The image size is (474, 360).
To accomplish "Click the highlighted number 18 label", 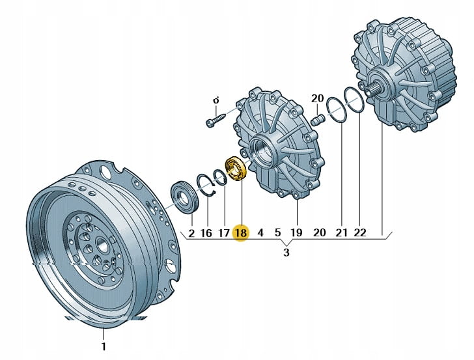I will coord(241,232).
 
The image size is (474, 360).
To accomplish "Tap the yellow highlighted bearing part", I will coord(234,169).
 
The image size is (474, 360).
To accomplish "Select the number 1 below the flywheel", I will coord(103,346).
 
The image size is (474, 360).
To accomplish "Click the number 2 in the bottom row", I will coord(191,232).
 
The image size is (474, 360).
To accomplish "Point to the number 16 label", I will coord(206,232).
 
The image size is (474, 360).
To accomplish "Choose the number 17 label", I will coord(224,232).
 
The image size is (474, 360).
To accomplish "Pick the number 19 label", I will coord(296,232).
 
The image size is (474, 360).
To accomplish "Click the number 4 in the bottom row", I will coord(260,232).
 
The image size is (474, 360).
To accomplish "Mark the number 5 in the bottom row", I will coord(277,232).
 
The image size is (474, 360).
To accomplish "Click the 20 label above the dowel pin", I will coord(317,98).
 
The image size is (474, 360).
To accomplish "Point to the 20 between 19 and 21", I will coord(319,232).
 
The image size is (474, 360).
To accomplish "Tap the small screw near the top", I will coord(214,122).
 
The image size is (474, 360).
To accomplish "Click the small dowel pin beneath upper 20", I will coord(318,120).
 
